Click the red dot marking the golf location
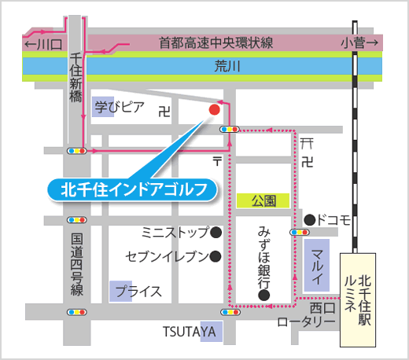click(x=214, y=109)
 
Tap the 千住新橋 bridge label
click(x=76, y=83)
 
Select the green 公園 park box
click(x=264, y=201)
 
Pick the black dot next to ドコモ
click(x=310, y=219)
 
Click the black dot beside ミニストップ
click(x=216, y=233)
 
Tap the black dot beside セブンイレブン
click(x=216, y=256)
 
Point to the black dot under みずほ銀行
click(x=264, y=296)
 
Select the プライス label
click(x=138, y=291)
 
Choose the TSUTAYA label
click(x=189, y=332)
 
